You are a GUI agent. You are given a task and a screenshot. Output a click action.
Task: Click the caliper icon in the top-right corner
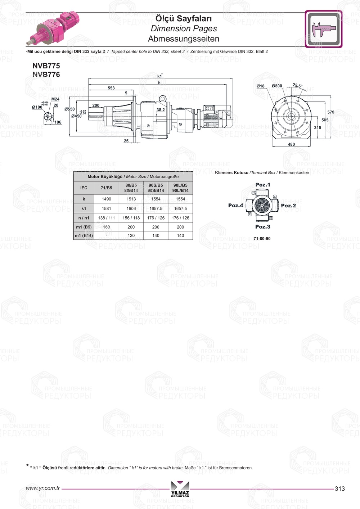(x=323, y=29)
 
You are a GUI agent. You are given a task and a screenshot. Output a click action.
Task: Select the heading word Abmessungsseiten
(x=184, y=39)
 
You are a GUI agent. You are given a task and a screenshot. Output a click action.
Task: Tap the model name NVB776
(x=46, y=75)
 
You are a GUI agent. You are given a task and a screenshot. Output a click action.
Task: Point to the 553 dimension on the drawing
(x=111, y=88)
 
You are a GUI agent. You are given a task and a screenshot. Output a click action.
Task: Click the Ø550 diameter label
(x=69, y=109)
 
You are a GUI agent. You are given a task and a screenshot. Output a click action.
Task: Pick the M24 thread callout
(x=55, y=99)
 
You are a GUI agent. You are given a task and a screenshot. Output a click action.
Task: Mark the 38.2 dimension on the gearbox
(x=161, y=110)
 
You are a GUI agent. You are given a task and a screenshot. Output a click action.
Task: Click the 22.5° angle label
(x=297, y=85)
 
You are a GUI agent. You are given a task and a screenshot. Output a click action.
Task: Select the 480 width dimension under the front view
(x=291, y=144)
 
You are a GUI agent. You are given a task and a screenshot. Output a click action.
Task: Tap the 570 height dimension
(x=331, y=112)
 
